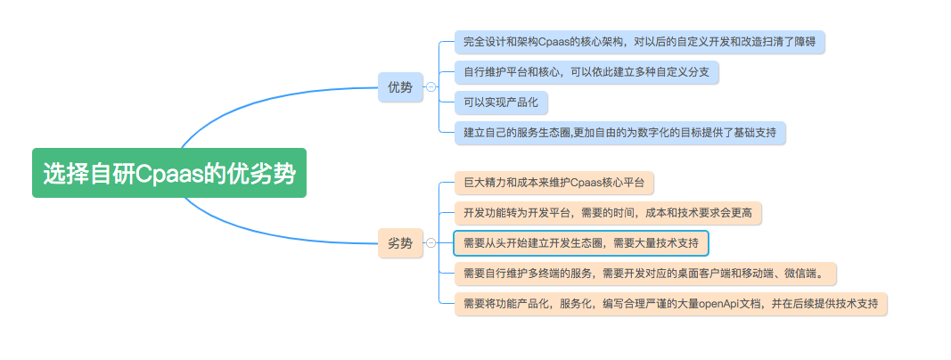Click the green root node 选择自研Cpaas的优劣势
point(169,173)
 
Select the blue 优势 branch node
point(400,86)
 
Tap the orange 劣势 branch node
point(400,242)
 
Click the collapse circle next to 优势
point(431,87)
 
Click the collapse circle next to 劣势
point(431,242)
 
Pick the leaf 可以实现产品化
point(500,102)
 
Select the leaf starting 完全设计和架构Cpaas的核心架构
point(639,41)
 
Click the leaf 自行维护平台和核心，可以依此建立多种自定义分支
point(586,71)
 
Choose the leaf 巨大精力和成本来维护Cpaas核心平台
point(553,183)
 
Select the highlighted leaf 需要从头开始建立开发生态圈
point(580,242)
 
